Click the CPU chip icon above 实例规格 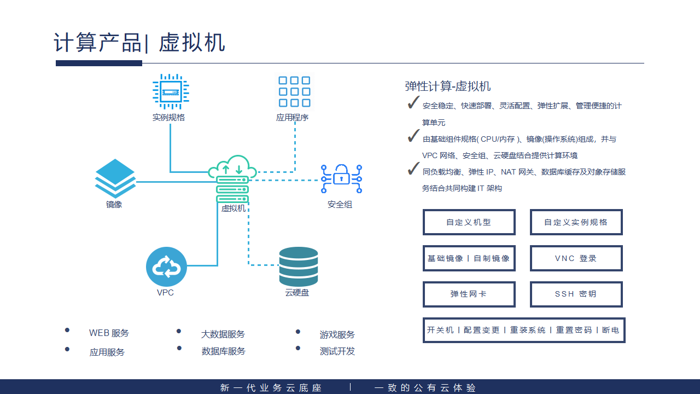coord(170,92)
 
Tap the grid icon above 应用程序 coord(294,91)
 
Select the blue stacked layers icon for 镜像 coord(115,178)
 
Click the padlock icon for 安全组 coord(341,178)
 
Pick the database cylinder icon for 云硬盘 coord(298,266)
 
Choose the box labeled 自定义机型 coord(469,222)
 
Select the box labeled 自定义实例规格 coord(576,222)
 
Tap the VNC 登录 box coord(576,258)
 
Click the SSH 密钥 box coord(576,294)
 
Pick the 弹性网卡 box coord(469,294)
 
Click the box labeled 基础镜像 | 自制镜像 coord(469,258)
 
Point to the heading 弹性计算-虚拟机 coord(447,86)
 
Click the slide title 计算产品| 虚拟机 coord(139,43)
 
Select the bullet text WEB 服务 coord(109,333)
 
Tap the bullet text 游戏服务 coord(337,334)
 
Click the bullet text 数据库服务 coord(223,351)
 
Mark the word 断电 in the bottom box coord(610,330)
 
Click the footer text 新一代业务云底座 coord(271,388)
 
